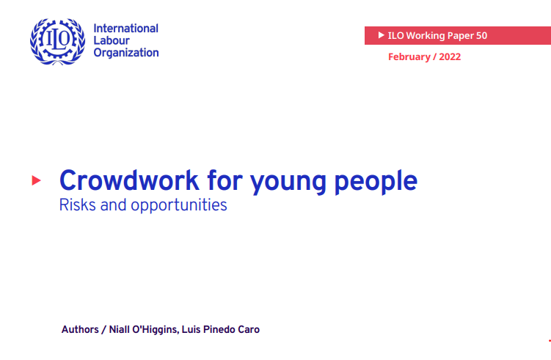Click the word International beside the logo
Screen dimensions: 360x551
[x=125, y=29]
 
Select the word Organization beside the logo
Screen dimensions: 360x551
[x=125, y=53]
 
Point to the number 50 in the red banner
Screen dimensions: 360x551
[x=481, y=35]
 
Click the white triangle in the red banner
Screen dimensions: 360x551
[x=380, y=35]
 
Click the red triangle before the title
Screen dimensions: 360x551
[x=37, y=180]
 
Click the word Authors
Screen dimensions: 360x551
[x=80, y=329]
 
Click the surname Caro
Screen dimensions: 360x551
[x=248, y=329]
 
